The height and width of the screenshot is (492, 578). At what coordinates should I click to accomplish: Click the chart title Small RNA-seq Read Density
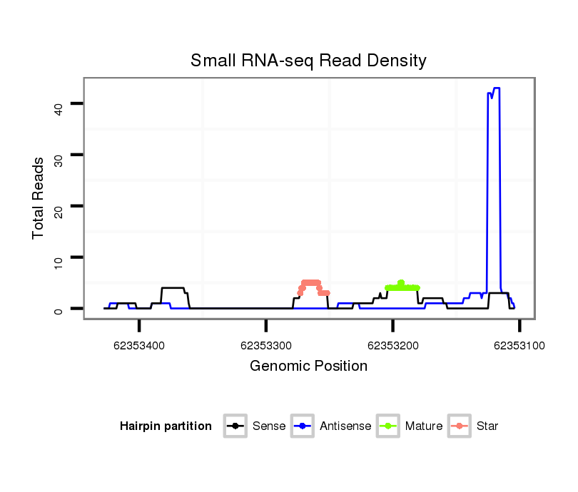click(308, 61)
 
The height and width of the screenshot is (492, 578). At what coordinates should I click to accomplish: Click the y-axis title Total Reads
click(39, 198)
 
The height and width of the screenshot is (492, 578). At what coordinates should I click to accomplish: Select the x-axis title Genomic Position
click(308, 367)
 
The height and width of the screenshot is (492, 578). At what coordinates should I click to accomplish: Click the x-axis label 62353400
click(139, 346)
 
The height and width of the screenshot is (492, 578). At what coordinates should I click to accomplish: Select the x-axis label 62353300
click(266, 346)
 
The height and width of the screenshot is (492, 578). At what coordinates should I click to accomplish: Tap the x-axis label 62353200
click(392, 346)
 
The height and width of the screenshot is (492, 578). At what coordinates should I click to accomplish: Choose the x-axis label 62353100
click(519, 346)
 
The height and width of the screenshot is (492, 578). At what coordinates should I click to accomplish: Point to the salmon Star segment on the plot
click(311, 283)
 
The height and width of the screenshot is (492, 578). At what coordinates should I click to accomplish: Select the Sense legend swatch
click(234, 426)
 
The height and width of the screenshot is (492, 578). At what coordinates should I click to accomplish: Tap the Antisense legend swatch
click(302, 426)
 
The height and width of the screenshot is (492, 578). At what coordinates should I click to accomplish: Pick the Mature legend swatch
click(387, 426)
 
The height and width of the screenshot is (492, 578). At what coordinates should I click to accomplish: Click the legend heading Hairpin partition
click(166, 426)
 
